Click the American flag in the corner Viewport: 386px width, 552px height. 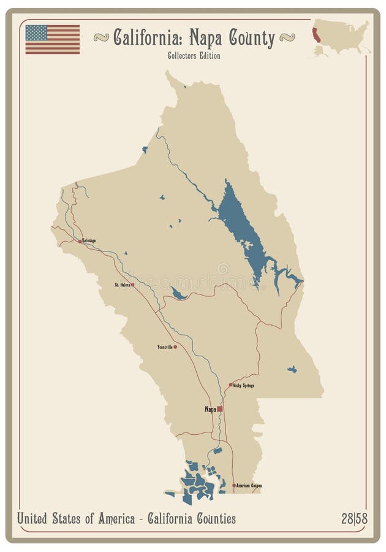52,39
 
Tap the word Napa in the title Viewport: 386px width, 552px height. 208,39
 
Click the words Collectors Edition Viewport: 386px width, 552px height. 194,56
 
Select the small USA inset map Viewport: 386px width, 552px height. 340,38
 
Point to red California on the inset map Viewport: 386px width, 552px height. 316,35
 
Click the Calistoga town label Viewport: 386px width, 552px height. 89,241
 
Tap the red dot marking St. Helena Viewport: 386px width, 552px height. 132,285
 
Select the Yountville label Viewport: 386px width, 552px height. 164,347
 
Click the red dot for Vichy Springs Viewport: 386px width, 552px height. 231,385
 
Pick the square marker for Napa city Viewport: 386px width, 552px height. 220,408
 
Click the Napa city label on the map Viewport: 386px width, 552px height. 210,409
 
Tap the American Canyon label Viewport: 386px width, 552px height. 249,485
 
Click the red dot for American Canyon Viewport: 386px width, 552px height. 234,485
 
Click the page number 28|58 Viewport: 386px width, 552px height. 354,519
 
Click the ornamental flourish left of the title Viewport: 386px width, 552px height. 101,38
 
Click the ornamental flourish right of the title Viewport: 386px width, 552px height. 287,38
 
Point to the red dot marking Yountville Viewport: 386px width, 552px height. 175,347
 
